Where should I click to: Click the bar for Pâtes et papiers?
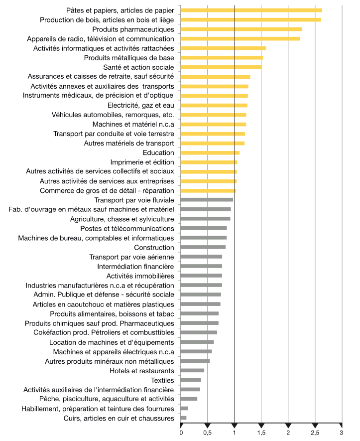click(251, 10)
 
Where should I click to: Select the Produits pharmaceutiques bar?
click(241, 29)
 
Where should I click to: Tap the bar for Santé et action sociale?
click(221, 67)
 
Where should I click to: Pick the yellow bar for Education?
click(210, 152)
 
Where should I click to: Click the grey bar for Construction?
click(203, 247)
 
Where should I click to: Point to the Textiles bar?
click(191, 380)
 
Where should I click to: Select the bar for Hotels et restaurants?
click(192, 370)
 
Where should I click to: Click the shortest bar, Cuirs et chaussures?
click(183, 418)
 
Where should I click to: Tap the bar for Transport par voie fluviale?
click(207, 200)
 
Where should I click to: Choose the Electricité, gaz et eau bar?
click(214, 106)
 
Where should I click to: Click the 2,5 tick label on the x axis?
click(315, 433)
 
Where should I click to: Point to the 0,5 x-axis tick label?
click(208, 433)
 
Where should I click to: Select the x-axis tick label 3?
click(342, 433)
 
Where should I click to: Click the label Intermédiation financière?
click(136, 266)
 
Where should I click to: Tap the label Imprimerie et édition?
click(142, 162)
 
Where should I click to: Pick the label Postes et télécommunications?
click(127, 229)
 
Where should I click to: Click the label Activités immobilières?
click(140, 276)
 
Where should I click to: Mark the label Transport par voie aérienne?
click(132, 257)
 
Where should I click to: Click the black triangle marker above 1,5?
click(261, 425)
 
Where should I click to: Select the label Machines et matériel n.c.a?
click(133, 124)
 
